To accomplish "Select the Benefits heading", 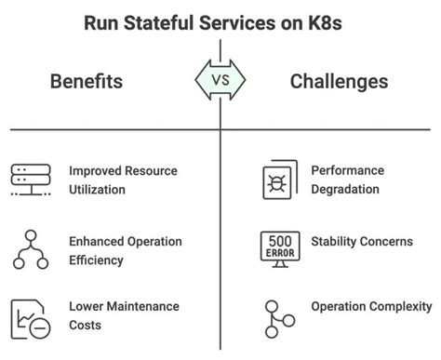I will point(86,83).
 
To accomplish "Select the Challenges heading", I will point(339,83).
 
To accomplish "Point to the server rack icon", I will point(32,180).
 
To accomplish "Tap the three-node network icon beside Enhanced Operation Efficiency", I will point(32,249).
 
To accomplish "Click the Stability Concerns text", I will point(361,242).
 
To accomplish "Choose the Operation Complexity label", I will point(371,306).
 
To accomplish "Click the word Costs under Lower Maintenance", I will point(87,325).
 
